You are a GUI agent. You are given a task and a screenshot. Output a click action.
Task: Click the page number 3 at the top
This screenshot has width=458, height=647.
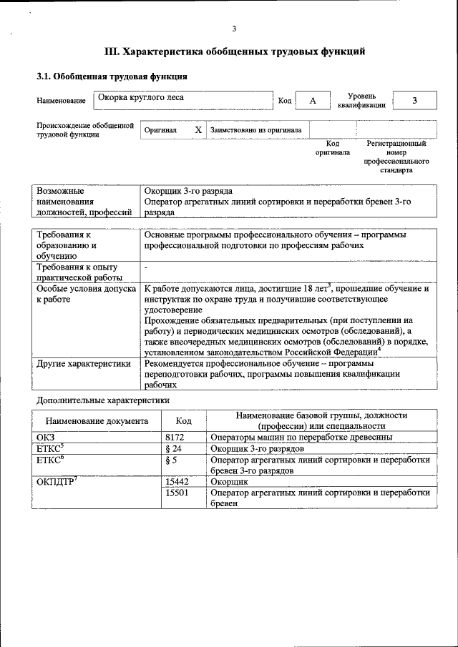(234, 29)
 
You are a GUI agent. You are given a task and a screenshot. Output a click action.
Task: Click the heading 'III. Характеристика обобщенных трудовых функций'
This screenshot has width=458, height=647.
(235, 51)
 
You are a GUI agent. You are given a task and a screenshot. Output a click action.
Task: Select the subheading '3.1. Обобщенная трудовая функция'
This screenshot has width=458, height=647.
(112, 76)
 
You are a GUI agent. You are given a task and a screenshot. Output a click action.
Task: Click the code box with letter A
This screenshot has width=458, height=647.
(313, 101)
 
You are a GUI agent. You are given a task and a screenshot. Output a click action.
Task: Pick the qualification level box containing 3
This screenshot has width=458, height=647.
(414, 101)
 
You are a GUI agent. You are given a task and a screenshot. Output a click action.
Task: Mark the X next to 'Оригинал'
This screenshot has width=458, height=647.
(198, 131)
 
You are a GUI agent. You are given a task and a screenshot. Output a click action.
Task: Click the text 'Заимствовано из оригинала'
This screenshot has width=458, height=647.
(255, 131)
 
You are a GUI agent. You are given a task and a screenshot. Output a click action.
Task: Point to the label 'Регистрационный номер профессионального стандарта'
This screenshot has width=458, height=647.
(396, 157)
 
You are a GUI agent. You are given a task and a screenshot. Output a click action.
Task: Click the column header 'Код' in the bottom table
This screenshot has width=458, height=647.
(184, 421)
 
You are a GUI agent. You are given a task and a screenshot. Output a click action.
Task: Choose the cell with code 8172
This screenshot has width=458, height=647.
(175, 438)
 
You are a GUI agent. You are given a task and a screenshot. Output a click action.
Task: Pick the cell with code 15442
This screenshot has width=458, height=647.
(177, 483)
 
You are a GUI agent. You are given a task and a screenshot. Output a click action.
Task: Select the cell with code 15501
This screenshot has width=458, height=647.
(177, 493)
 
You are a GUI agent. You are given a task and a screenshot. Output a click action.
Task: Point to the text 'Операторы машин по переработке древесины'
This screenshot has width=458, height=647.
(301, 438)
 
